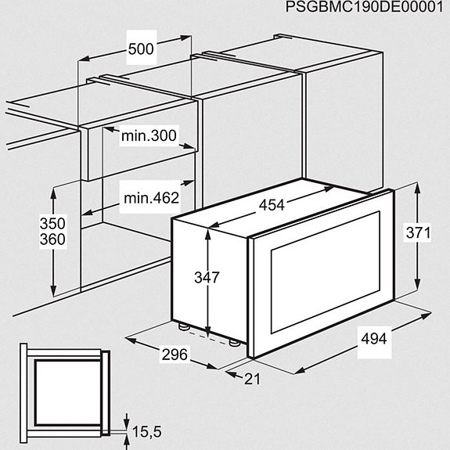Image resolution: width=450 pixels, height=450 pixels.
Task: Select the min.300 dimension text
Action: coord(149,135)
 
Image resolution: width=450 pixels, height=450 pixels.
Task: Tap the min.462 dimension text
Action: coord(151,197)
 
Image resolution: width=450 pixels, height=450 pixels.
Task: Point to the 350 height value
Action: coord(52,223)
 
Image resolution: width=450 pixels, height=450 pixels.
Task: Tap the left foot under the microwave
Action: coord(182,326)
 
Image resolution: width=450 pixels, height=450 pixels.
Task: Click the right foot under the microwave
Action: coord(234,341)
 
